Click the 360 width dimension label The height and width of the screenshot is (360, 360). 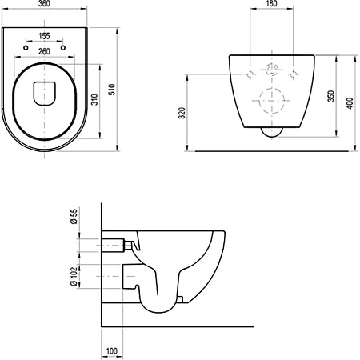pyautogui.click(x=44, y=4)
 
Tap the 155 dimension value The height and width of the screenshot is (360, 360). pyautogui.click(x=44, y=36)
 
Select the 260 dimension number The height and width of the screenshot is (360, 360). pyautogui.click(x=44, y=51)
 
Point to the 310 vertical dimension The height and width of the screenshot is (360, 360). pyautogui.click(x=95, y=99)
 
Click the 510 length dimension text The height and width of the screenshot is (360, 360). pyautogui.click(x=112, y=90)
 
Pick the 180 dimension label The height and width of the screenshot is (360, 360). pyautogui.click(x=271, y=4)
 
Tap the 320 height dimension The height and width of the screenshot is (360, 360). pyautogui.click(x=182, y=113)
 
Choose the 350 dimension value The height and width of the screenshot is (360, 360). pyautogui.click(x=331, y=96)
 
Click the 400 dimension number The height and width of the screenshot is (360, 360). pyautogui.click(x=350, y=103)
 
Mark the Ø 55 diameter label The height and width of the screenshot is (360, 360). pyautogui.click(x=74, y=217)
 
